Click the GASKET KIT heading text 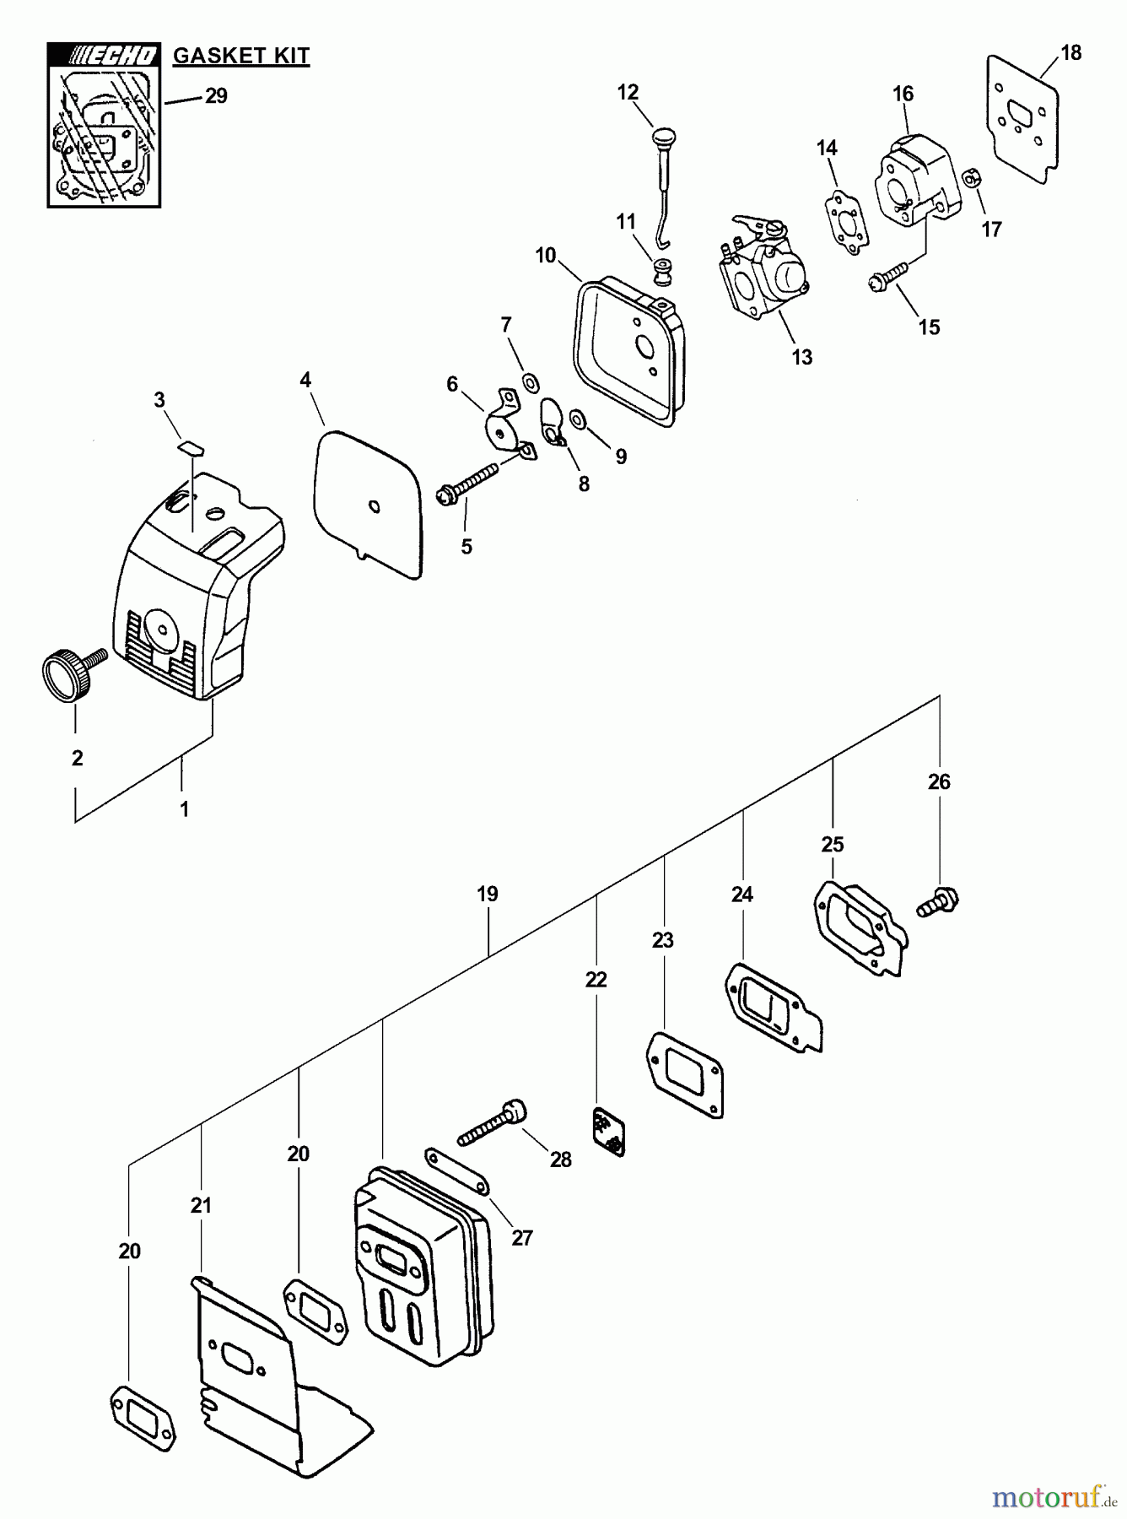(x=241, y=57)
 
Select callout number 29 (x=217, y=96)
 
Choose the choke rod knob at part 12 (x=663, y=137)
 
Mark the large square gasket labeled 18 (x=1022, y=118)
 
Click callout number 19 (x=488, y=894)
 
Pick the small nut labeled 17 (x=973, y=179)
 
